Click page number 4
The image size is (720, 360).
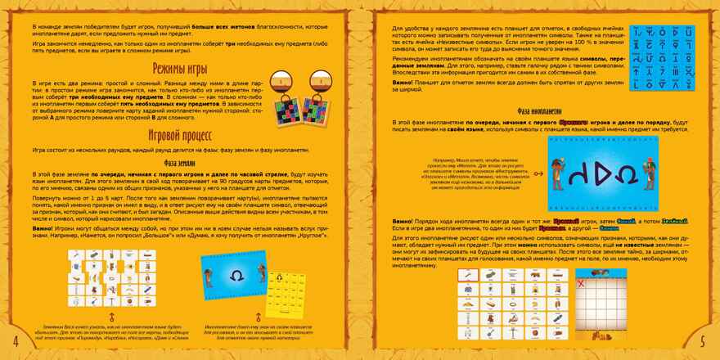point(16,340)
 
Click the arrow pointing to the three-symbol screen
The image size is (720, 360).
point(538,173)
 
